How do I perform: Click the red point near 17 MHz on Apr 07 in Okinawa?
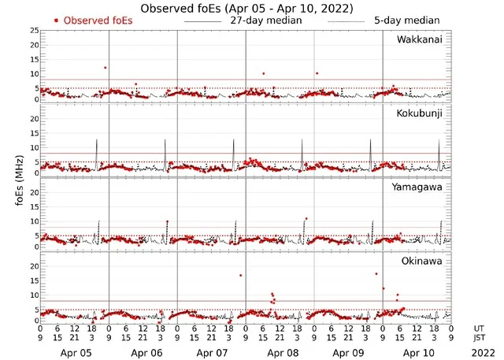(x=240, y=276)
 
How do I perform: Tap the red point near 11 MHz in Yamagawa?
(x=306, y=218)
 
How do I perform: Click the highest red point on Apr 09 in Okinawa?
(x=376, y=273)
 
